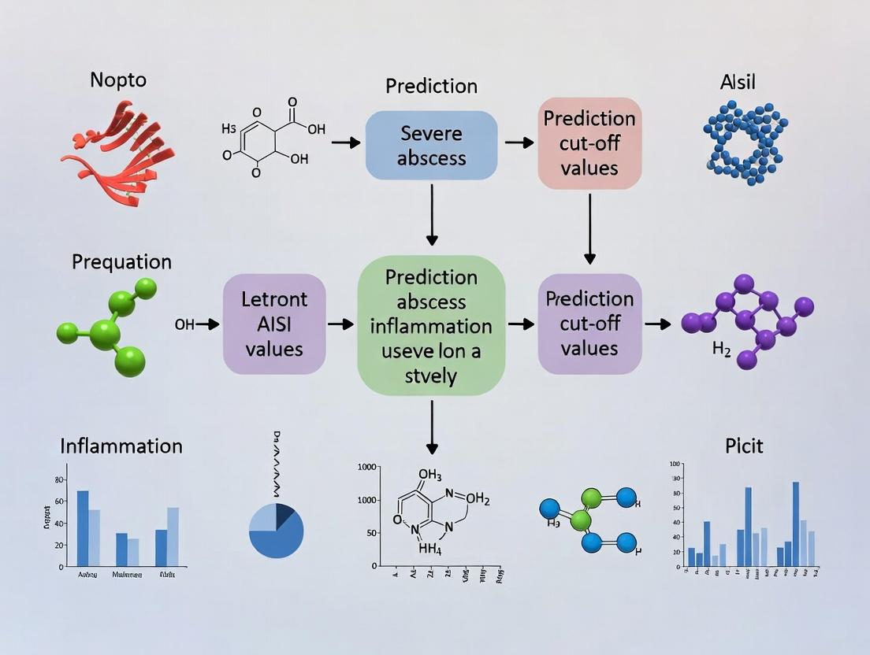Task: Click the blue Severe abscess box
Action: point(431,145)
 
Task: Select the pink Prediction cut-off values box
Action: point(589,142)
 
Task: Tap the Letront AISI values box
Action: point(274,324)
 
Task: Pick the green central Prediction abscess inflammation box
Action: point(431,324)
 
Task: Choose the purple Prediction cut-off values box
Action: point(589,324)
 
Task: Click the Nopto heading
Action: point(118,80)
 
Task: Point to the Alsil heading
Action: point(738,82)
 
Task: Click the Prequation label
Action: point(121,261)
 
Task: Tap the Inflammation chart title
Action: point(121,446)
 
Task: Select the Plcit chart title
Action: point(743,446)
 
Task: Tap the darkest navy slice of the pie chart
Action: point(284,512)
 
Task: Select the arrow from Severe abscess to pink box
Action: point(519,142)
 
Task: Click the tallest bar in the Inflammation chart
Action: point(83,527)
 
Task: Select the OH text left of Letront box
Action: point(184,324)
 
